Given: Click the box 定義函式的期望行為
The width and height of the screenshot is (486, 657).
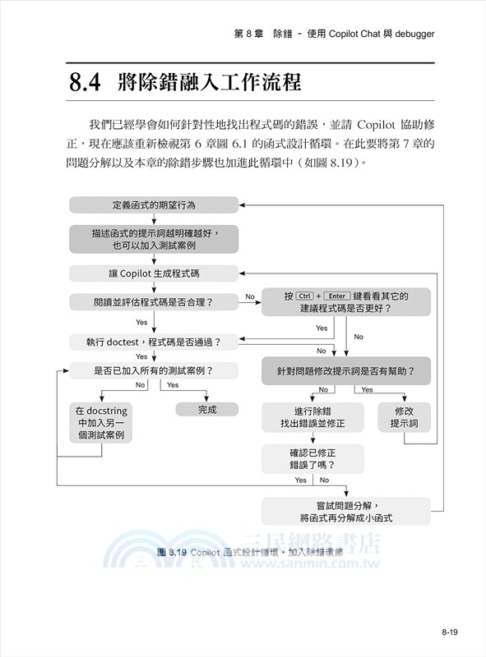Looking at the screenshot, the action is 154,204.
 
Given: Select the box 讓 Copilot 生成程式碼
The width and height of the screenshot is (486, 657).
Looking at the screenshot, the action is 154,273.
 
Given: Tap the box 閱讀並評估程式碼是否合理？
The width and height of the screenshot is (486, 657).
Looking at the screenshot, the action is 154,302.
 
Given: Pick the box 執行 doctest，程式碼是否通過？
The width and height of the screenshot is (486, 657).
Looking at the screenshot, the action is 154,340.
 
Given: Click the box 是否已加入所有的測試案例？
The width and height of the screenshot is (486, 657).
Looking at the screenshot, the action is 154,370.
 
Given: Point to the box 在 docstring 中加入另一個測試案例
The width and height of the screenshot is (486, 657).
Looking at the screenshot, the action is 100,422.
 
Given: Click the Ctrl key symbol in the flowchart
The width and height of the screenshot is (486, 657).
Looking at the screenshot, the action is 305,296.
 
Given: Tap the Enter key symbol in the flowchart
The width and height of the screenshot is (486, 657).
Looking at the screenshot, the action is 336,296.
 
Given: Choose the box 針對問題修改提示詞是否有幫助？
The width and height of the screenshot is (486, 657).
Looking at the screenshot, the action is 346,370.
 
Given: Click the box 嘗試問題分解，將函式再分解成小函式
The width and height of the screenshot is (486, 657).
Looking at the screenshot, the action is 346,512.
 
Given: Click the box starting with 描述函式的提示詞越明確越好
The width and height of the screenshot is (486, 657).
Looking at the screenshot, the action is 154,238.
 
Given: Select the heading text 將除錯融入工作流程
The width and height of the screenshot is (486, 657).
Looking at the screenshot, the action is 210,83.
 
